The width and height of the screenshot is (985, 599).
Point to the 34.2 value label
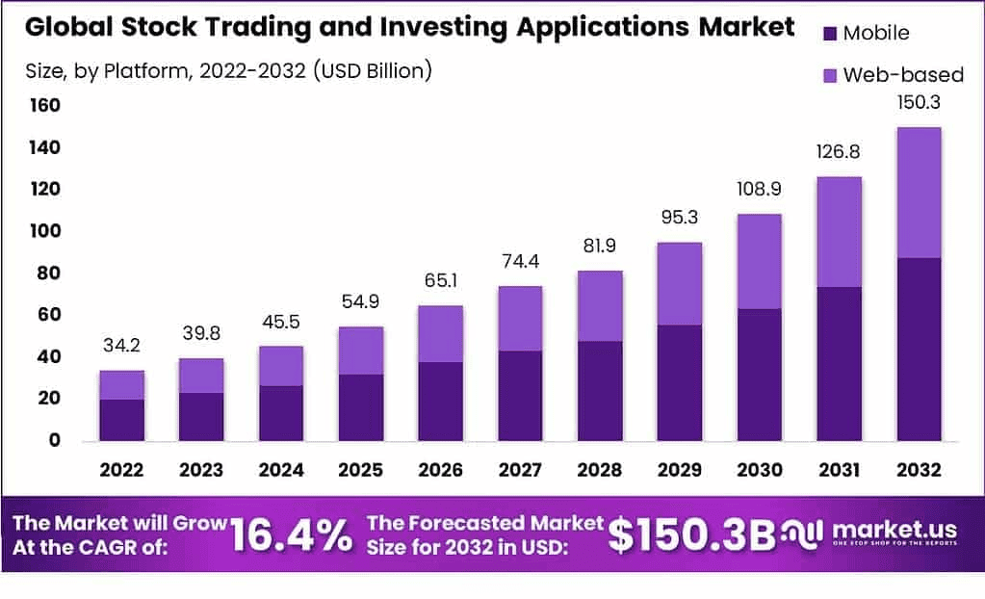(121, 345)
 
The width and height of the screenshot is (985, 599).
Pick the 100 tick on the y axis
(45, 231)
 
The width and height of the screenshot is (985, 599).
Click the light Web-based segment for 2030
(759, 261)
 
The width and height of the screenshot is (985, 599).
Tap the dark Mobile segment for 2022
(121, 419)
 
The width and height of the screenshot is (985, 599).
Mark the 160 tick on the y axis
(45, 105)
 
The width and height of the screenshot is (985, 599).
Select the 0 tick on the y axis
(55, 440)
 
